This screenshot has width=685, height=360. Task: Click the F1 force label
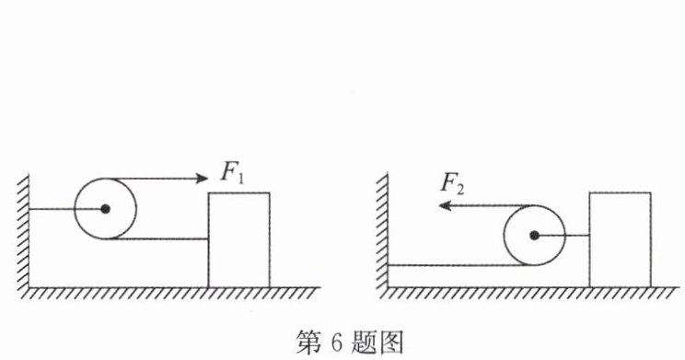point(232,173)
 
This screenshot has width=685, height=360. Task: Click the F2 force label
point(452,184)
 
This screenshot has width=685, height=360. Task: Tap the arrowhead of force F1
point(202,179)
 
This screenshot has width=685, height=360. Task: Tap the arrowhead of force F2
point(445,205)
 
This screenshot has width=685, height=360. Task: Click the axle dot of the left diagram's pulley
point(105,209)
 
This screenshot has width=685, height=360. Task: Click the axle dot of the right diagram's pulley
point(534,236)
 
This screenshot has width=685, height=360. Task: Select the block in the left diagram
point(239,240)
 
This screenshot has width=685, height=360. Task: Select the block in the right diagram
point(620,239)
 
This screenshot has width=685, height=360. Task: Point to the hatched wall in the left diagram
point(23,232)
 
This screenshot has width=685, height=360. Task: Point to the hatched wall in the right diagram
point(382,231)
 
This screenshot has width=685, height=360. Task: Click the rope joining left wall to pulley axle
point(67,209)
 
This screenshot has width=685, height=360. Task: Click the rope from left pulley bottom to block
point(157,239)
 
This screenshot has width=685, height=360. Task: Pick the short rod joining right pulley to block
point(562,236)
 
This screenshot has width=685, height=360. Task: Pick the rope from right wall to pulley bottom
point(460,265)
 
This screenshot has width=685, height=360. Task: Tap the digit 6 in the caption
point(336,343)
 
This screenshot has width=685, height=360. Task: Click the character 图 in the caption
point(392,343)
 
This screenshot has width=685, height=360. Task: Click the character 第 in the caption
point(308,343)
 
